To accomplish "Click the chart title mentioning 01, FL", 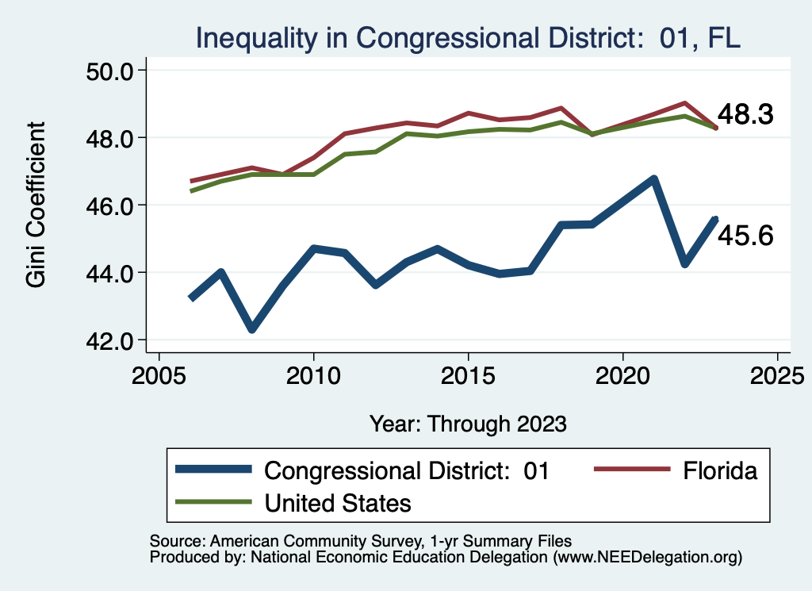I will point(468,37).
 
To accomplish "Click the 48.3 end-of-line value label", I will point(745,115).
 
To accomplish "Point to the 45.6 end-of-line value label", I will point(745,236).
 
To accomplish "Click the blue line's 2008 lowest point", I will point(252,328).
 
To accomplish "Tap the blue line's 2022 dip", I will point(685,263).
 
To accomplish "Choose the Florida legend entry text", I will point(719,470).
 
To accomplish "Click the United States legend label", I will point(338,502).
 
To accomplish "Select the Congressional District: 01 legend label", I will point(406,470).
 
